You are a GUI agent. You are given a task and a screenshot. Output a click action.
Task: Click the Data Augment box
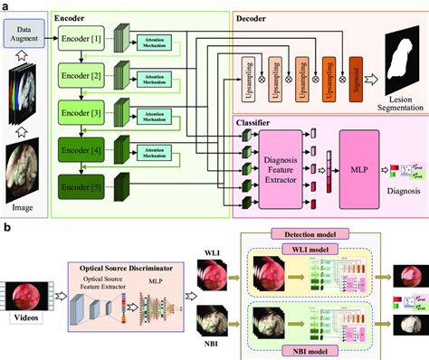pos(26,35)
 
